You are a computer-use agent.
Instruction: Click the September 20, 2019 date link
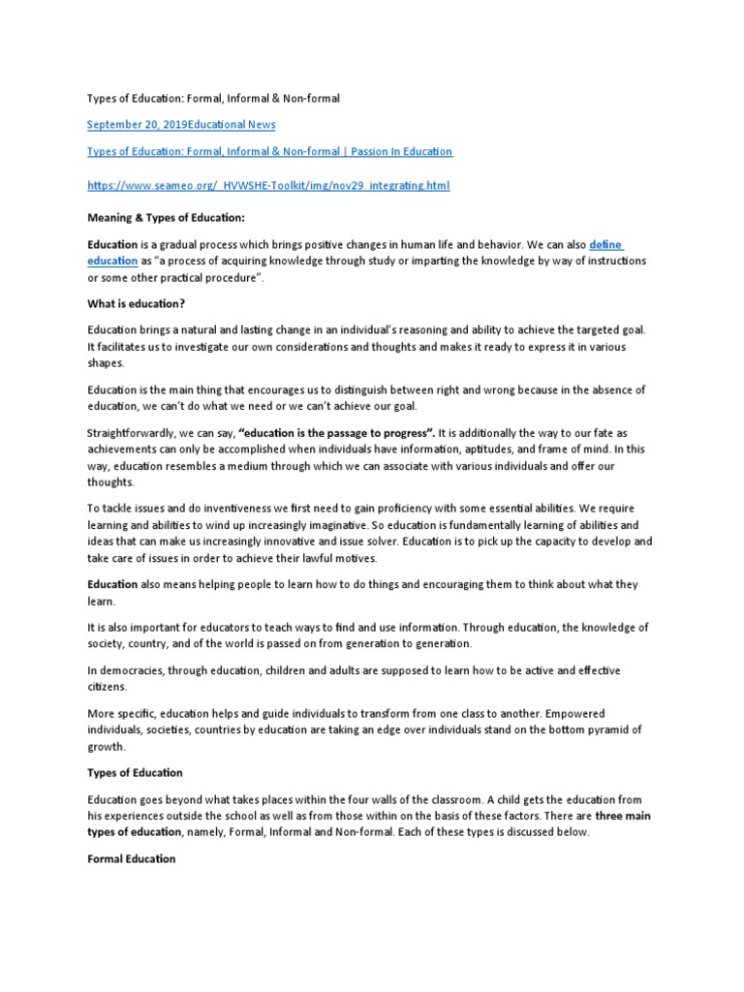(x=138, y=125)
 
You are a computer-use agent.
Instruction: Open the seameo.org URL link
(x=268, y=185)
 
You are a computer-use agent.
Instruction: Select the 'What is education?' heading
(x=136, y=303)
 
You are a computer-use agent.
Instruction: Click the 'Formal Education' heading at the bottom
(x=131, y=858)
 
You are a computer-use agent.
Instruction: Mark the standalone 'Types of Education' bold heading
(x=134, y=773)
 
